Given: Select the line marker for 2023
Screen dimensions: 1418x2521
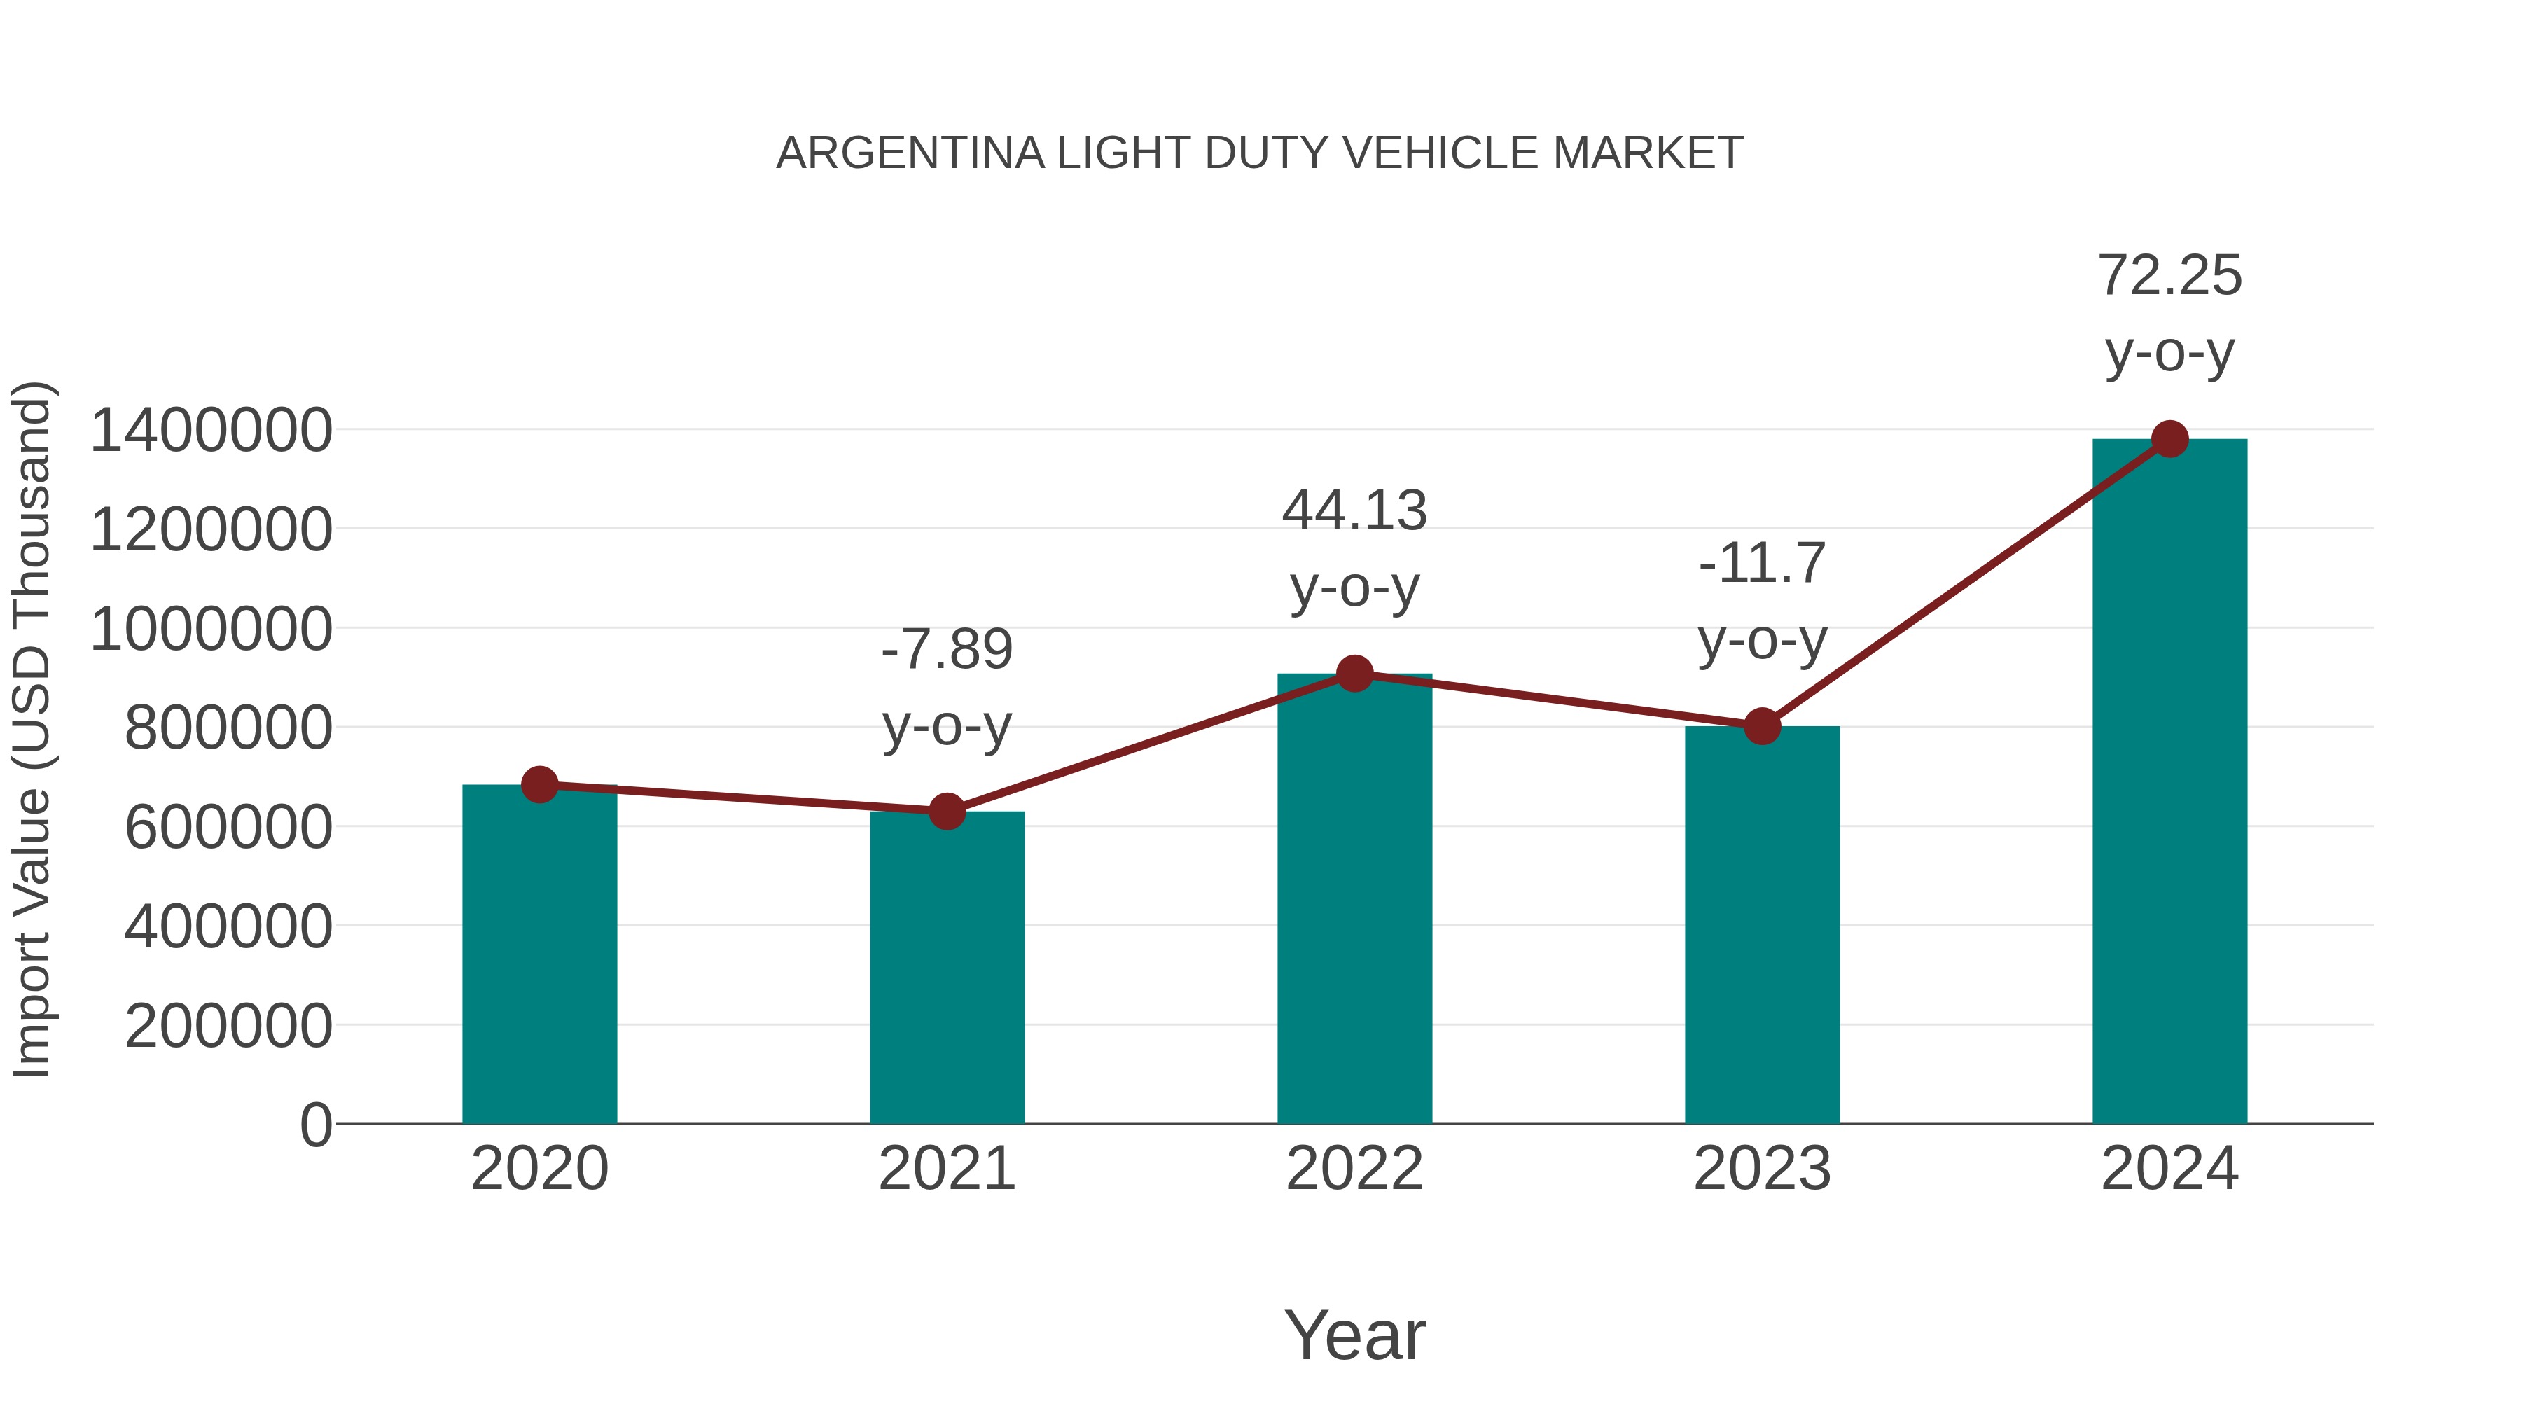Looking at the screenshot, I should click(1762, 726).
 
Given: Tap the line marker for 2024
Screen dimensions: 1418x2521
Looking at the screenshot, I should click(2169, 439).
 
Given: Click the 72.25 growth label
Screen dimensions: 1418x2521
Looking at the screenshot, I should click(2169, 275).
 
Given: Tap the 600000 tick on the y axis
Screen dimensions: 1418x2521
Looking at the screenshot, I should click(228, 827).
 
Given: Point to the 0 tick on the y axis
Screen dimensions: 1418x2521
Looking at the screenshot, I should click(315, 1125).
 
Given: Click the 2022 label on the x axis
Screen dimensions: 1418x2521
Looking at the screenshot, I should click(1354, 1169).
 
